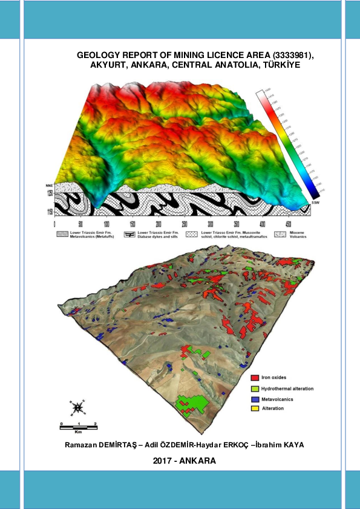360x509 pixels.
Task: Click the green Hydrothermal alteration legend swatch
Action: pos(255,387)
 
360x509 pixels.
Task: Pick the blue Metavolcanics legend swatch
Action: pos(255,398)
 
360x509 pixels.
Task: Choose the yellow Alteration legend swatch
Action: pos(255,409)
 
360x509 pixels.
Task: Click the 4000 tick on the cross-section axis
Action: pos(261,222)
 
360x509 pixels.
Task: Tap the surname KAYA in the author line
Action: pos(291,445)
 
